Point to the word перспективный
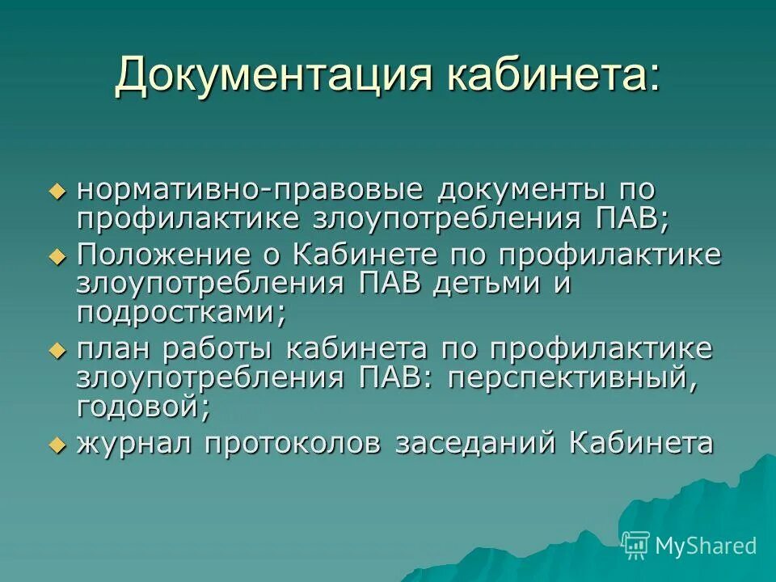(571, 378)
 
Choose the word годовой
(144, 407)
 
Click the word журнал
(134, 443)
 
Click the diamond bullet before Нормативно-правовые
(56, 192)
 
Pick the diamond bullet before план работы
(56, 351)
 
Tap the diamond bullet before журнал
(56, 444)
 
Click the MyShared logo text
(706, 546)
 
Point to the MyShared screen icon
(636, 545)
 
